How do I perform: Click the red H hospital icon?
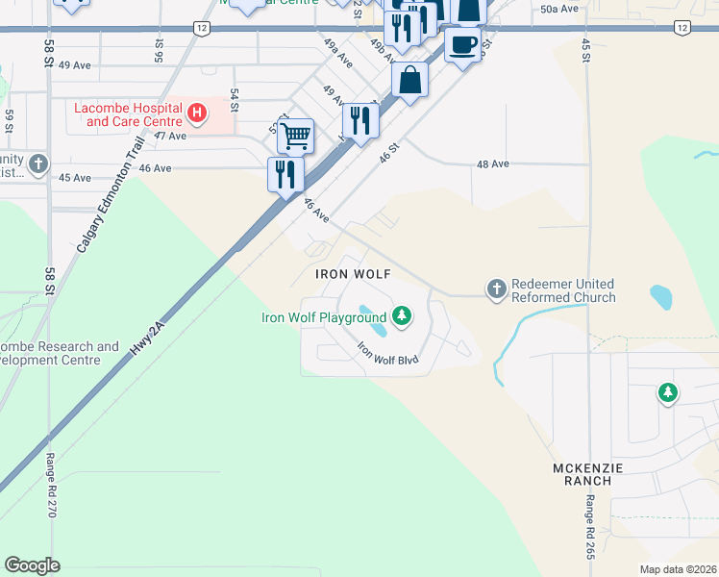coord(197,114)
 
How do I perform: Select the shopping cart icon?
coord(296,136)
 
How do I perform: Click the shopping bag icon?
coord(409,81)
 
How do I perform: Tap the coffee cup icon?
coord(463,44)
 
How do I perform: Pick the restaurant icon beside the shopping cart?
coord(285,174)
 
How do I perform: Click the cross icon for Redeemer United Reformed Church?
coord(497,289)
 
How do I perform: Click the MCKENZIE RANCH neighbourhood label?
coord(582,473)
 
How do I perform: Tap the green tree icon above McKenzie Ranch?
coord(667,392)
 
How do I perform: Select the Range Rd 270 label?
coord(51,486)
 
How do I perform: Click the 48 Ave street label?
coord(492,164)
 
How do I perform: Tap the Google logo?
coord(32,565)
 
